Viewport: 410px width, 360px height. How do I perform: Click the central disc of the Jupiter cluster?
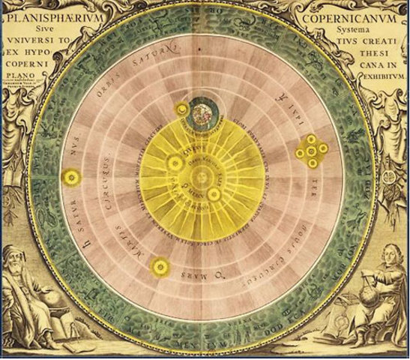(x=310, y=151)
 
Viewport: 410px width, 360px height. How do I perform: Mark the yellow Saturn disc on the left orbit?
(x=72, y=178)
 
